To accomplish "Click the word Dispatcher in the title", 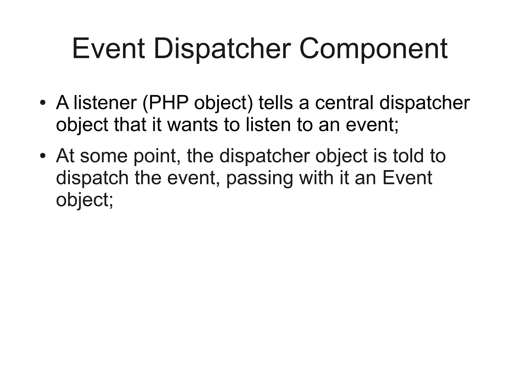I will [222, 49].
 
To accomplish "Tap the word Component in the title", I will [373, 49].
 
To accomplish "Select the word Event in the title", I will [109, 49].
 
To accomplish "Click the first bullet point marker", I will [43, 103].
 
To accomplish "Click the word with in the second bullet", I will [316, 178].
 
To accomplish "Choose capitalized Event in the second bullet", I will [407, 178].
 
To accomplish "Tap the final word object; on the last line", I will [84, 200].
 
